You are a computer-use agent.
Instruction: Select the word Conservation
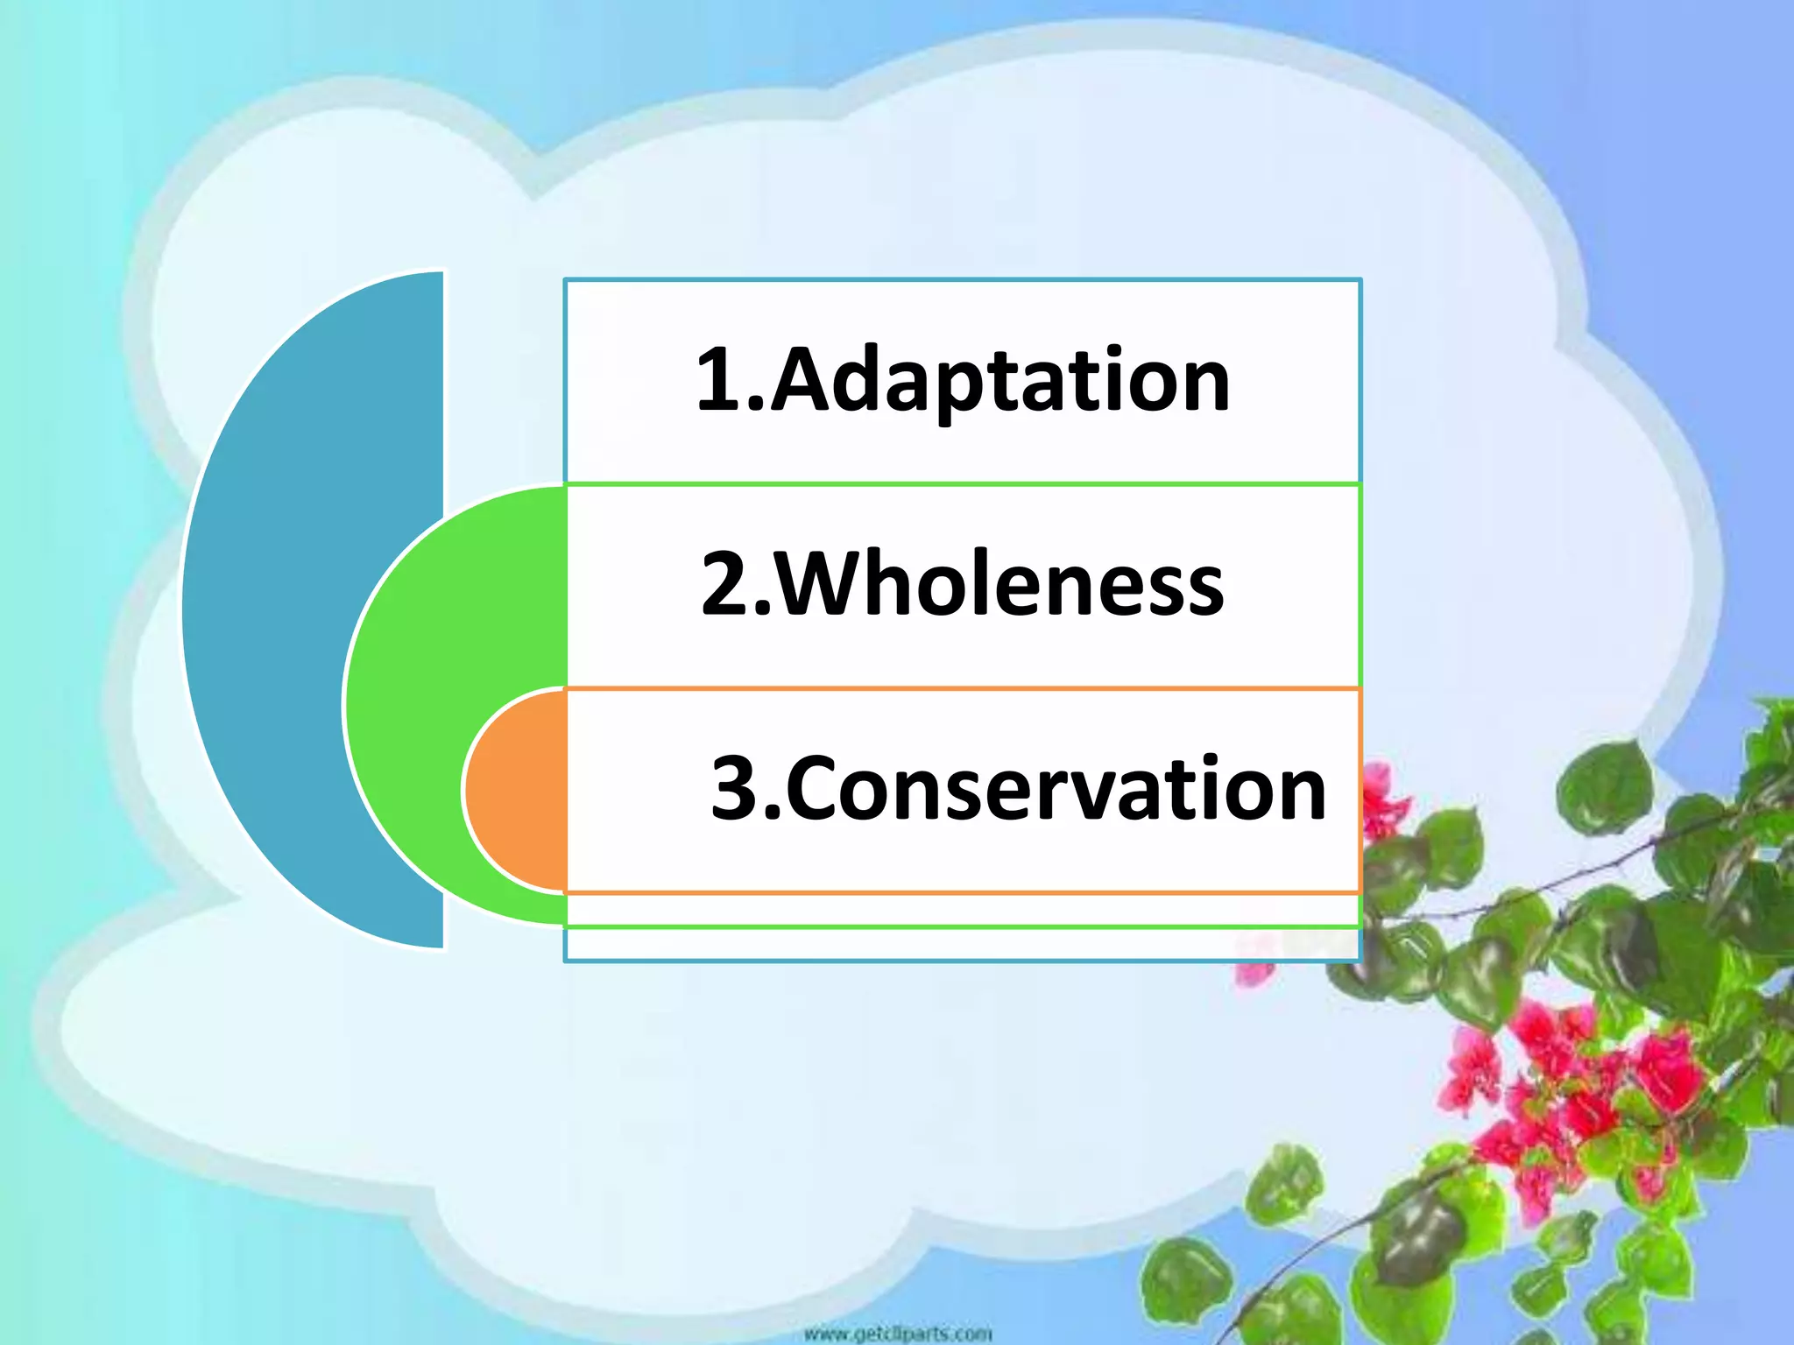pos(1056,789)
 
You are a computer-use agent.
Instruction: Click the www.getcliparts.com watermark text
pos(897,1334)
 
